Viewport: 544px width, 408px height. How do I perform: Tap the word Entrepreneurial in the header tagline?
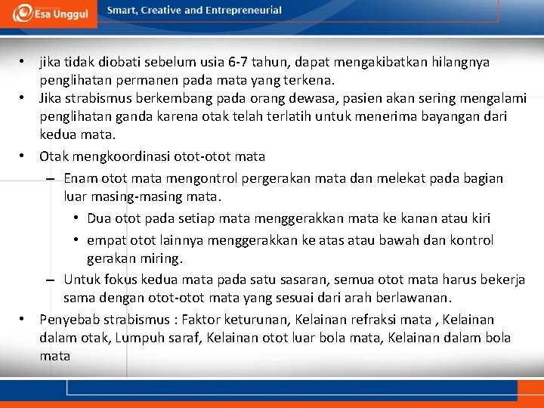point(246,11)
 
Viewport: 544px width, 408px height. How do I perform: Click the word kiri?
point(478,218)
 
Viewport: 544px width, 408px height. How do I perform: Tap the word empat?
point(107,240)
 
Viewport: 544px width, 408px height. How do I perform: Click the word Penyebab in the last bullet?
point(69,320)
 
